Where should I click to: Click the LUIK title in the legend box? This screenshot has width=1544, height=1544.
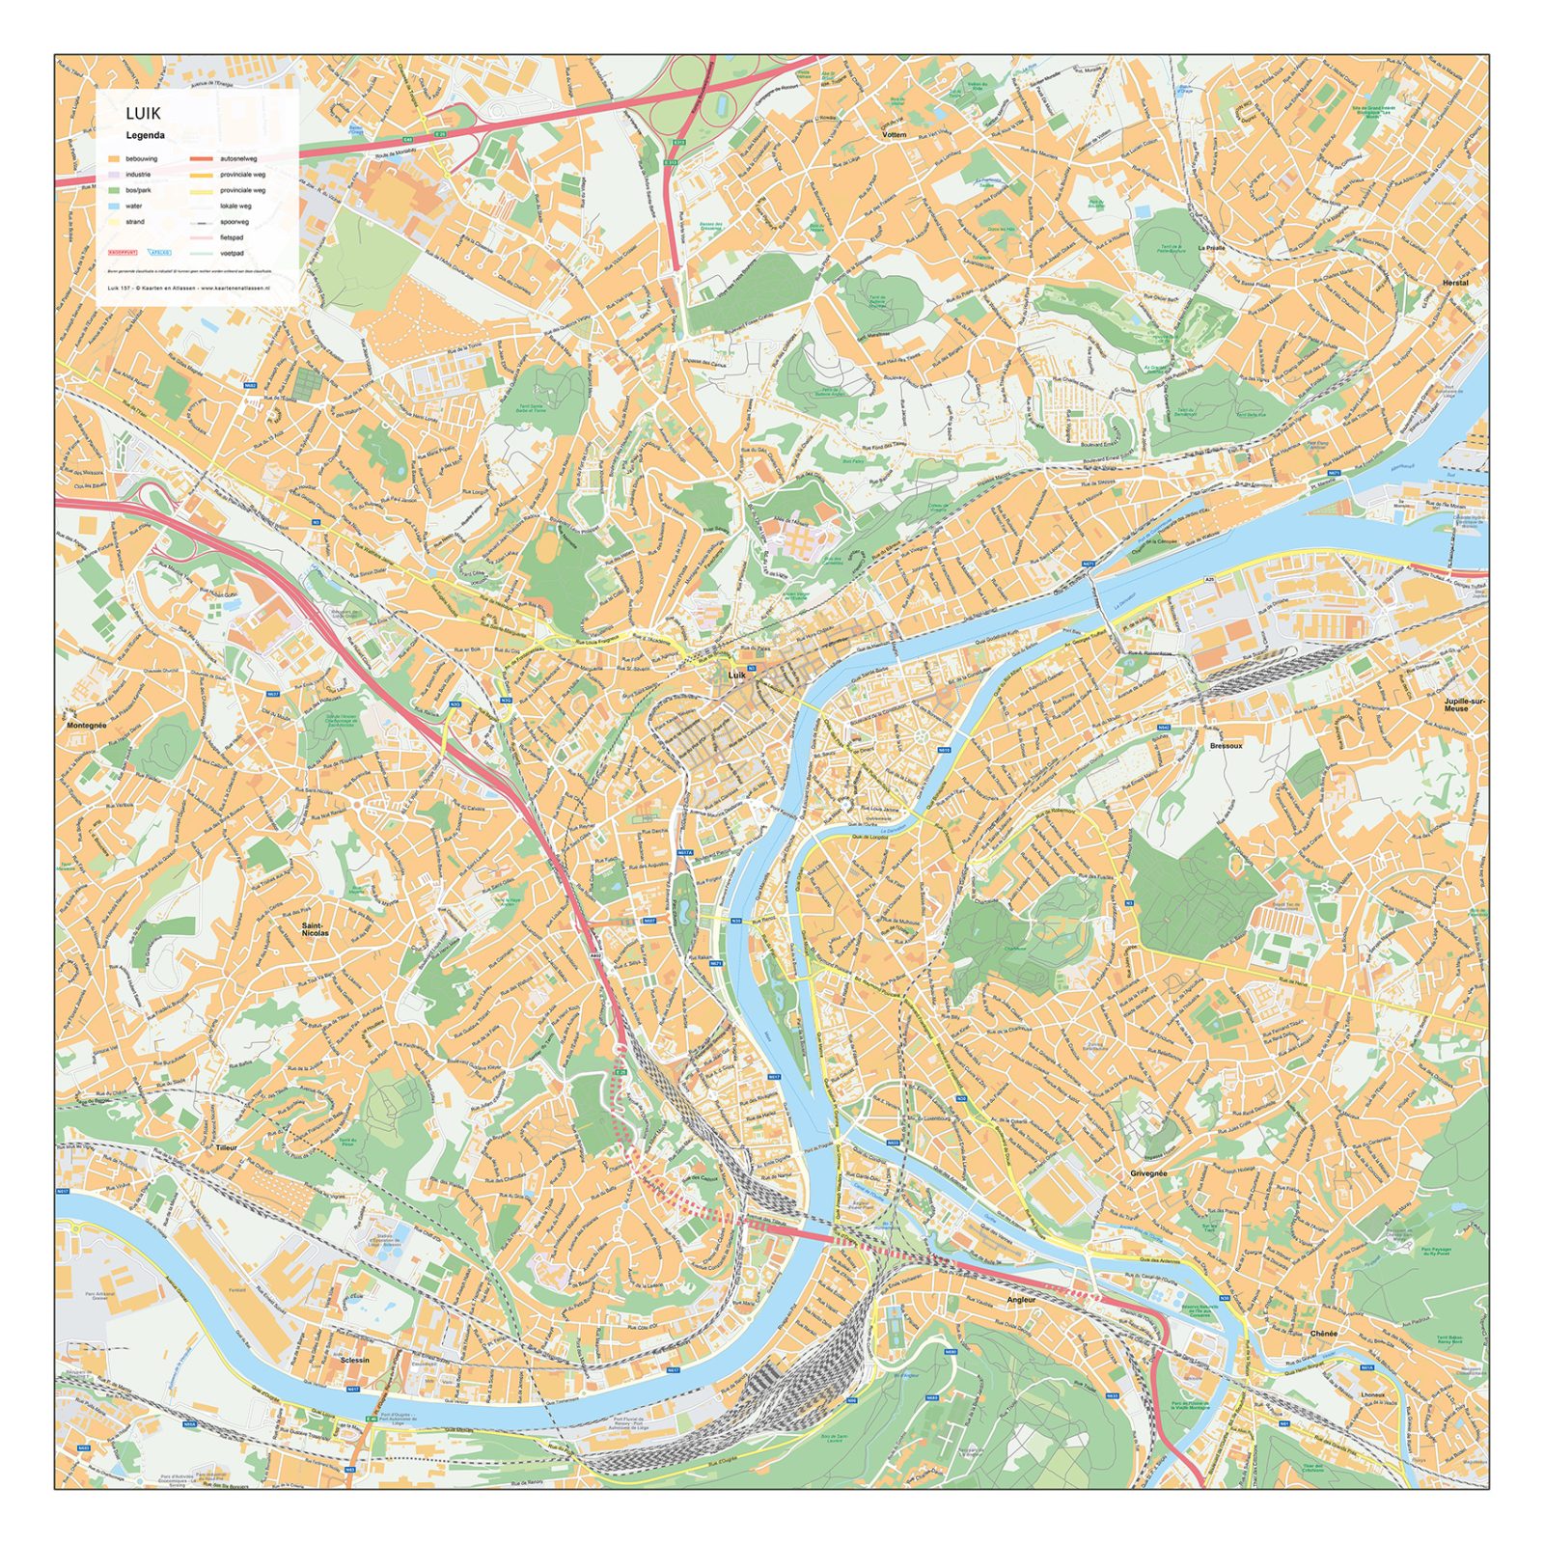[x=143, y=114]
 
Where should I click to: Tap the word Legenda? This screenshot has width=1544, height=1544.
[x=145, y=136]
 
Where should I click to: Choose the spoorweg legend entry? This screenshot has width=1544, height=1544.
[x=234, y=222]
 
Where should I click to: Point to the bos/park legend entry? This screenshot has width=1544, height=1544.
[x=138, y=190]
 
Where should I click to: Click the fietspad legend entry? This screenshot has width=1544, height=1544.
[x=232, y=237]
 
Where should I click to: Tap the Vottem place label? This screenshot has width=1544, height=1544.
[x=895, y=135]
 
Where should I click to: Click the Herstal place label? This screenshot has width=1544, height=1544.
[x=1454, y=283]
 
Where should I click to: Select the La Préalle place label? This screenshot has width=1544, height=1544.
[x=1211, y=248]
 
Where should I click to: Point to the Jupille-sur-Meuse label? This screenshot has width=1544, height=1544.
[x=1456, y=704]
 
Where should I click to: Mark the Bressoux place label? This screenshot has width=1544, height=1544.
[x=1226, y=746]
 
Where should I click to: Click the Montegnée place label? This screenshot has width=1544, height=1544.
[x=87, y=725]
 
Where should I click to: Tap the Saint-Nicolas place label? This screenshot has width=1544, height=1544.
[x=315, y=929]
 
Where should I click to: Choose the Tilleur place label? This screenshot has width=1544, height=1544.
[x=226, y=1148]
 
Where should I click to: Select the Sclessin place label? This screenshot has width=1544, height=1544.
[x=354, y=1360]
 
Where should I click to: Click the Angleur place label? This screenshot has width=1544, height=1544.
[x=1021, y=1300]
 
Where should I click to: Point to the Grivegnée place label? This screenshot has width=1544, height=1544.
[x=1148, y=1173]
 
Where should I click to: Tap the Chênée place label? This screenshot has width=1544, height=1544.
[x=1324, y=1333]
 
